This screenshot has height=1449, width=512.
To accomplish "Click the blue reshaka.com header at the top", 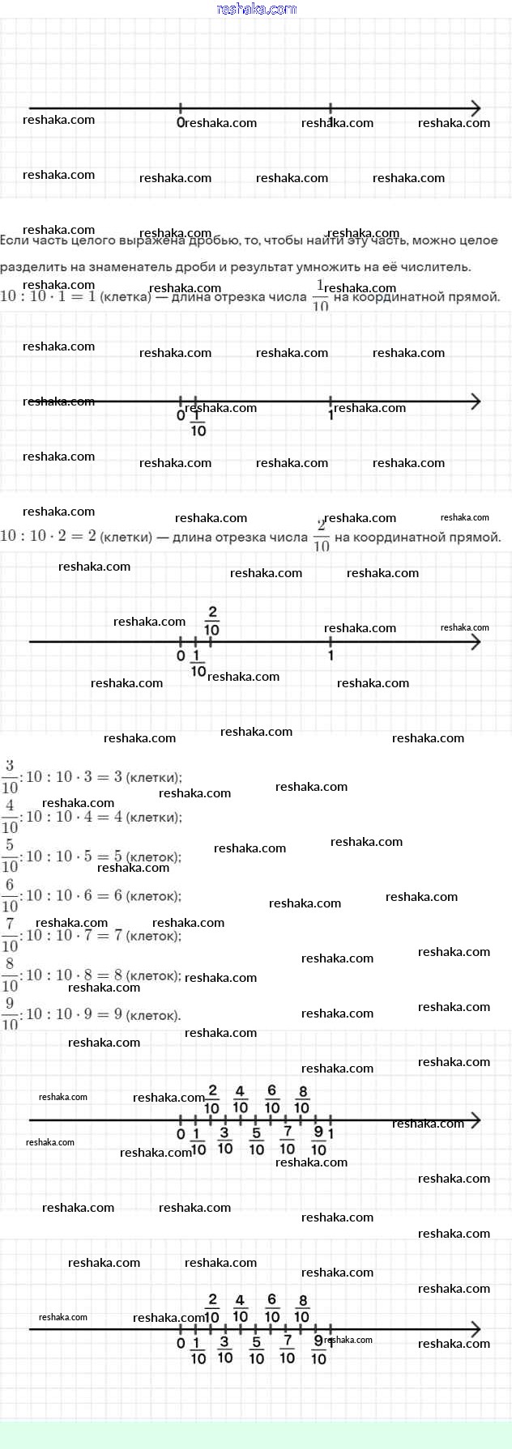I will pos(257,9).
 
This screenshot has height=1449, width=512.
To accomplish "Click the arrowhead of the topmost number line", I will pos(476,108).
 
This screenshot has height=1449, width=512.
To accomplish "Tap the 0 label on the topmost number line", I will pos(180,122).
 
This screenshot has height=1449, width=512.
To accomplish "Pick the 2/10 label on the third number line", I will pos(212,620).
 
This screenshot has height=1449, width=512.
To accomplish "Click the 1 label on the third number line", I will pos(331,656).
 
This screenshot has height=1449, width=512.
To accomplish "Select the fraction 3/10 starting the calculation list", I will pos(9,777).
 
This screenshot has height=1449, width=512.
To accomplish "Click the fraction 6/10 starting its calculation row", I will pos(9,896).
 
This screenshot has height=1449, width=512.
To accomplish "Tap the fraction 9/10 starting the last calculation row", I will pos(9,1014).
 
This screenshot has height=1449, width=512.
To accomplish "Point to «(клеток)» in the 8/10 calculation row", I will pos(155,975).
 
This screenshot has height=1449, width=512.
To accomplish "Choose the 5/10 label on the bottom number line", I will pos(256,1351).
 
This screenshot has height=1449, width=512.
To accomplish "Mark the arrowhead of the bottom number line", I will pos(476,1329).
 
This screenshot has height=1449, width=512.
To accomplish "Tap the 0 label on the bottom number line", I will pos(181,1344).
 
